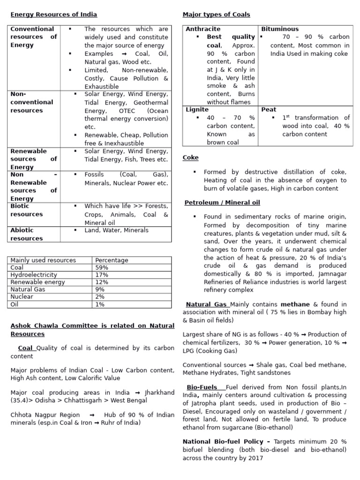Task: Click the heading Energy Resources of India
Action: [x=53, y=15]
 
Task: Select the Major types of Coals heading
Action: [x=216, y=15]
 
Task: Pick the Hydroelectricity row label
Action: [x=34, y=275]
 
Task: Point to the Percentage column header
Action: [x=112, y=260]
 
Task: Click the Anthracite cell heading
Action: [x=203, y=29]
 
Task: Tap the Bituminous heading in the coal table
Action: [x=280, y=29]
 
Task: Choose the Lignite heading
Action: [x=197, y=110]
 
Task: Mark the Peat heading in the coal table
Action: [x=269, y=110]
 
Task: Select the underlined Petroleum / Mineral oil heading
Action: [x=222, y=202]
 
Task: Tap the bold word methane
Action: [x=295, y=305]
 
